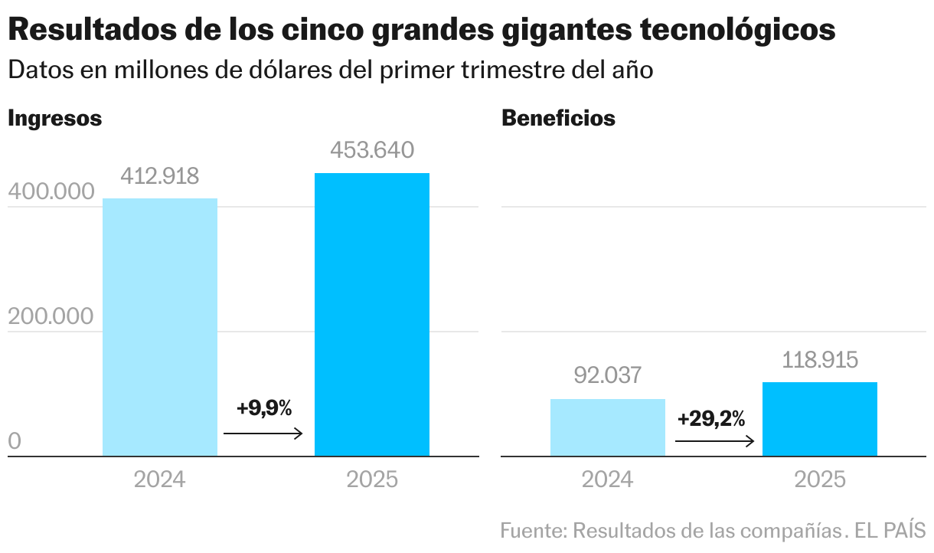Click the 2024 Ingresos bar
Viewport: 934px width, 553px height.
160,327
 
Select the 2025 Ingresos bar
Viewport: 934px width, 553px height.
372,315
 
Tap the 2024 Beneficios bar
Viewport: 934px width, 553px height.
608,427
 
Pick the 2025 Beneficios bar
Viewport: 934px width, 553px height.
820,419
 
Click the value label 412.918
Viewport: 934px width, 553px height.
160,177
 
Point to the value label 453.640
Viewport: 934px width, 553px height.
372,150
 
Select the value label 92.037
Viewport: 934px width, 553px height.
608,375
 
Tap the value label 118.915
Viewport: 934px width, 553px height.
820,359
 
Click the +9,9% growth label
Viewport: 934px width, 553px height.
264,408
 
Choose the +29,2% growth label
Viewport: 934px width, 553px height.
711,418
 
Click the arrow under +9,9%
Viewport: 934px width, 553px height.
263,434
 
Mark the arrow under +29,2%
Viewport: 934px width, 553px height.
715,441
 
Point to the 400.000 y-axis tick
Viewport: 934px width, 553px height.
51,192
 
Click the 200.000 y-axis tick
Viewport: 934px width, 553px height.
51,316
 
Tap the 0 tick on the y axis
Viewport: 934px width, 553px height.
15,442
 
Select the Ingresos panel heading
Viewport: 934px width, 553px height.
54,119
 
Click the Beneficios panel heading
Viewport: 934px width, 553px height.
558,119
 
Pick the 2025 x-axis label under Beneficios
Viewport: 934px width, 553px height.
820,480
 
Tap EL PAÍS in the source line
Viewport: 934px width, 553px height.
890,530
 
